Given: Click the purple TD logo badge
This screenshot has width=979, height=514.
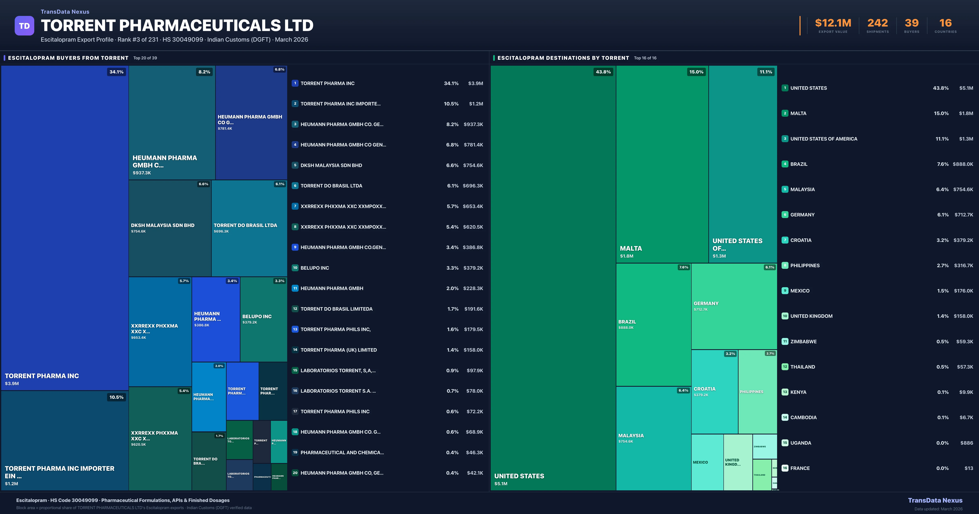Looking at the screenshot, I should [24, 26].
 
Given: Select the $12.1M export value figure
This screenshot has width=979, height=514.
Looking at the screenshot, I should [833, 23].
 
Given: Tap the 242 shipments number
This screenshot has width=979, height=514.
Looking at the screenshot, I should [877, 23].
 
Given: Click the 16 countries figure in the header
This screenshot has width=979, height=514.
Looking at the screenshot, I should [946, 23].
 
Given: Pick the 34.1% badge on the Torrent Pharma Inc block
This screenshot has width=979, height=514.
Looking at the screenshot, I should [116, 72].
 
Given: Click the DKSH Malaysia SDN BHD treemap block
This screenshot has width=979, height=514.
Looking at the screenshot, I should [170, 228].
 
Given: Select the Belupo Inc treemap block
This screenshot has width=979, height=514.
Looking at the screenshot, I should [263, 319].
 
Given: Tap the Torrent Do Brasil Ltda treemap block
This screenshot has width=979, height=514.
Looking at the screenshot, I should [249, 228].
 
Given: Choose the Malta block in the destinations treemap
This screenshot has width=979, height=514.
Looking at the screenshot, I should [662, 163].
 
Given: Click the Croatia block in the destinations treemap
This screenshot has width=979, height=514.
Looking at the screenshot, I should [714, 392].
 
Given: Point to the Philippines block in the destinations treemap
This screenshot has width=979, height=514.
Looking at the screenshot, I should [757, 392].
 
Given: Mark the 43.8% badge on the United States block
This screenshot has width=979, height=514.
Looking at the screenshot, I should [603, 72].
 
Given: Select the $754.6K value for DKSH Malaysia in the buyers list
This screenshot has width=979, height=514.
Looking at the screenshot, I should [473, 165].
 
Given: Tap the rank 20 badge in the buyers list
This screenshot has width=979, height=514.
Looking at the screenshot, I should [295, 473].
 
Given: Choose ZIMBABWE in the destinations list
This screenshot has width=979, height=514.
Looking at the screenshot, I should [803, 341].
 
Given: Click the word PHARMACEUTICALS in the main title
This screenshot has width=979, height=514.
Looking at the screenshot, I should [200, 25].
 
